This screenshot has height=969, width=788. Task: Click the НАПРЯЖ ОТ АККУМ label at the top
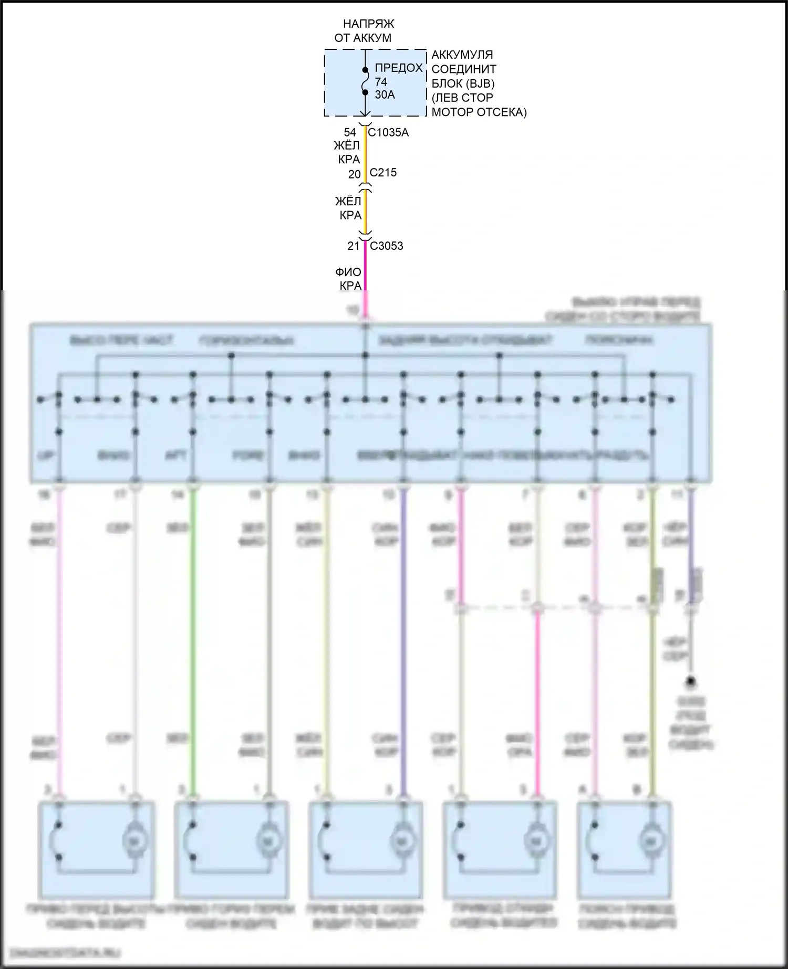tap(364, 31)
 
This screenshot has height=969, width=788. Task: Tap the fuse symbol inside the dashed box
tap(365, 81)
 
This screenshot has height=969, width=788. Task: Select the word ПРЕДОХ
tap(399, 68)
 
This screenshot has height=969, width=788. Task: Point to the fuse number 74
tap(381, 82)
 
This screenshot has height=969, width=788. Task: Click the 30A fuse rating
tap(385, 95)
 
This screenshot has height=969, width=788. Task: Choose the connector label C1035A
tap(388, 133)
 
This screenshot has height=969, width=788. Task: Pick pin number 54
tap(350, 133)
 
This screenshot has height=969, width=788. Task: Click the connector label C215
tap(383, 173)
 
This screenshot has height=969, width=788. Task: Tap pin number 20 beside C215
tap(355, 174)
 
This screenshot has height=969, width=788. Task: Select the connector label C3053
tap(387, 246)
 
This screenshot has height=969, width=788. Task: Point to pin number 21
tap(354, 246)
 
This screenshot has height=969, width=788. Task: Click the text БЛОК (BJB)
tap(463, 83)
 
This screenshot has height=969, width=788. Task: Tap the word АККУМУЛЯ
tap(462, 55)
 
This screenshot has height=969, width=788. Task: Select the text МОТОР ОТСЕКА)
tap(479, 112)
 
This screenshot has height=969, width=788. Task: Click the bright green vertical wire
tap(193, 630)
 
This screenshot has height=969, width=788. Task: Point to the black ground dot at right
tap(691, 681)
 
